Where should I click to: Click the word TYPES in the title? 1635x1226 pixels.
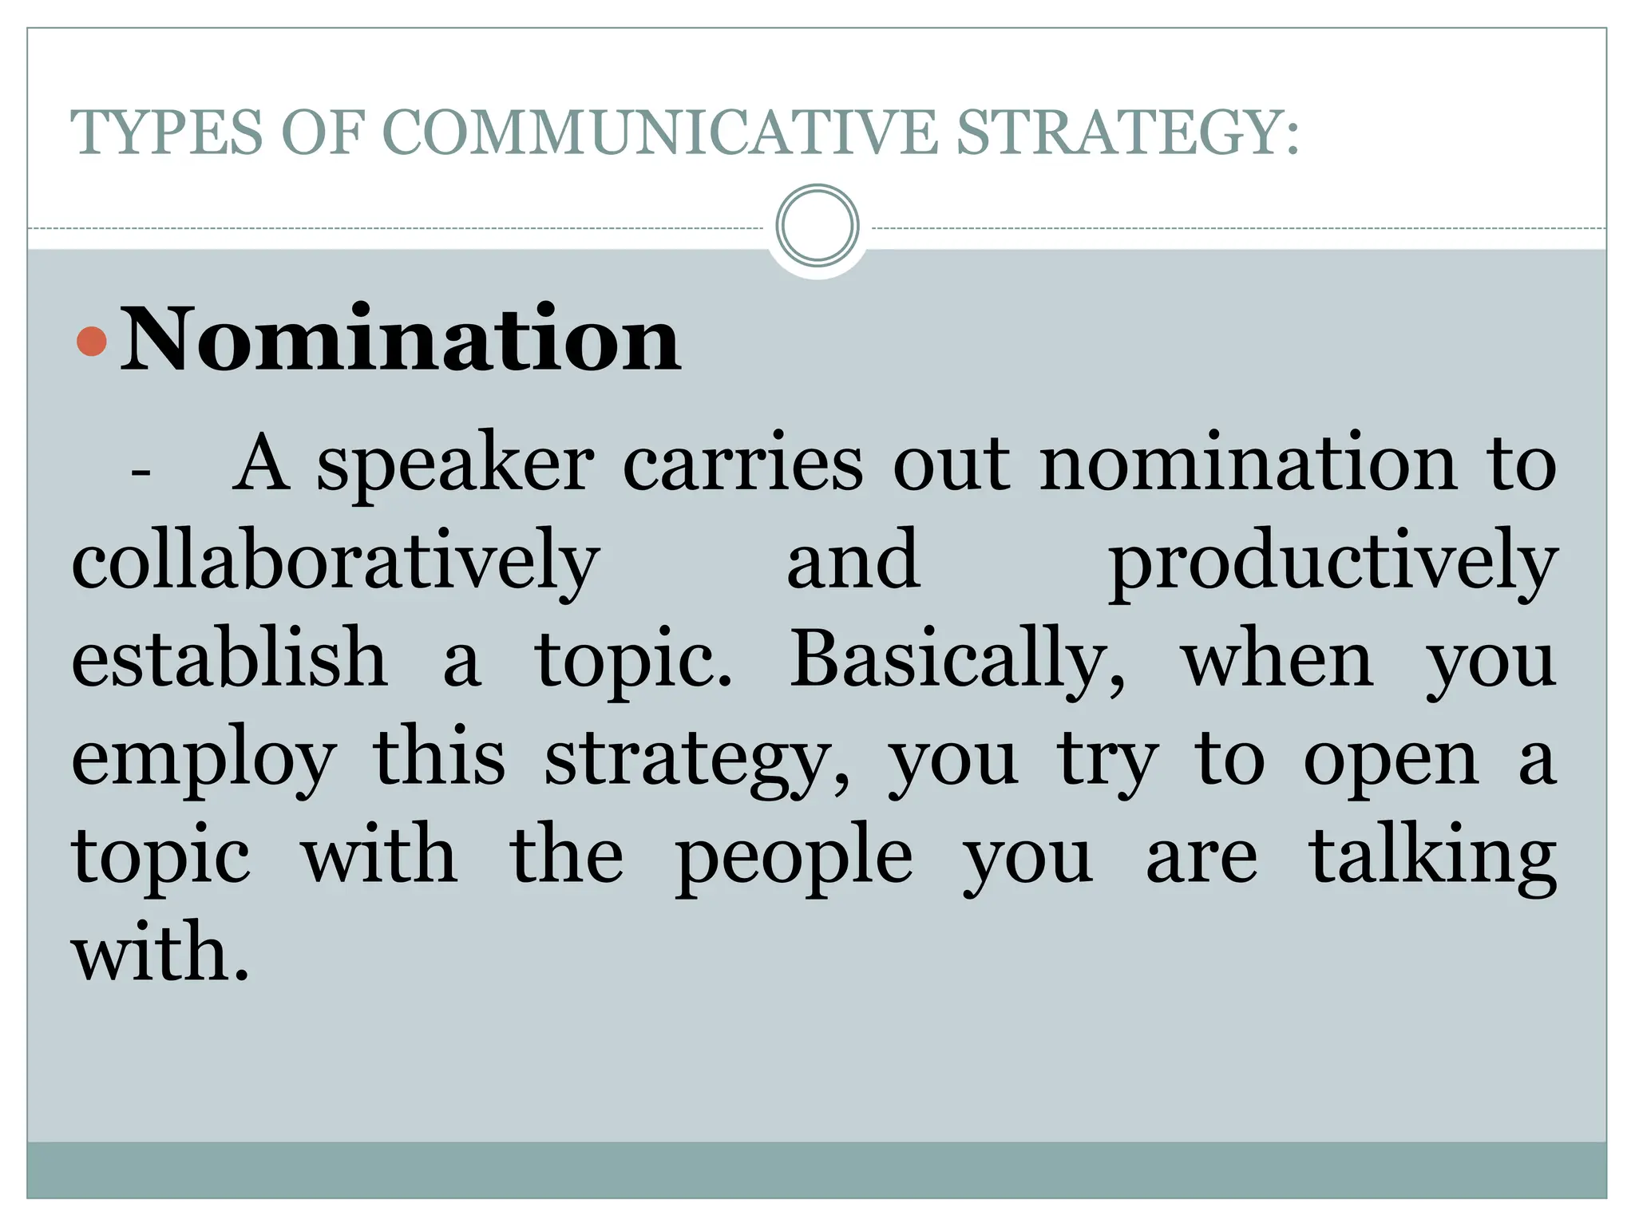coord(166,132)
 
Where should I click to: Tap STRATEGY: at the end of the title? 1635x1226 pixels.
coord(1127,132)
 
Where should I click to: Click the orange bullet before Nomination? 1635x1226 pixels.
coord(92,342)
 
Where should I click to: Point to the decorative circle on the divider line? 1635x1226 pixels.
coord(817,226)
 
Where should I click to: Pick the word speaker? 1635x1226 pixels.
coord(455,467)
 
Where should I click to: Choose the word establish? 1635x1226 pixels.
coord(229,659)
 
